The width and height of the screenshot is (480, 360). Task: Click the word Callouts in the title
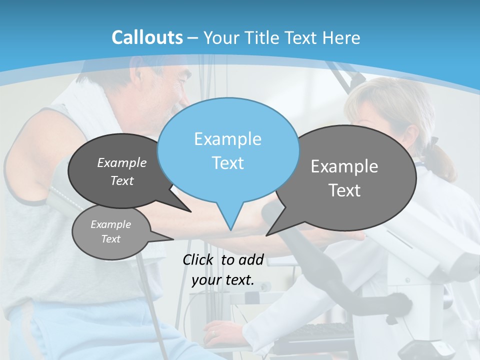click(x=147, y=37)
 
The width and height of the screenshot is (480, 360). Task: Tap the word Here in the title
click(x=341, y=37)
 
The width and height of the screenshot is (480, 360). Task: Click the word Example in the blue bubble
click(x=227, y=139)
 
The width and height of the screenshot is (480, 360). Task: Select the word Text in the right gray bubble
click(x=344, y=190)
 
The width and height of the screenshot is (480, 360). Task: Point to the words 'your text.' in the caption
click(x=223, y=280)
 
